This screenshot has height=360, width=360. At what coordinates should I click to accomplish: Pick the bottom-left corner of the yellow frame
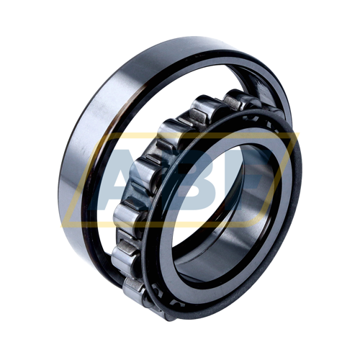(63, 225)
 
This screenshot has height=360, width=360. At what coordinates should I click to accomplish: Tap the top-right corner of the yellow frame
(298, 135)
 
